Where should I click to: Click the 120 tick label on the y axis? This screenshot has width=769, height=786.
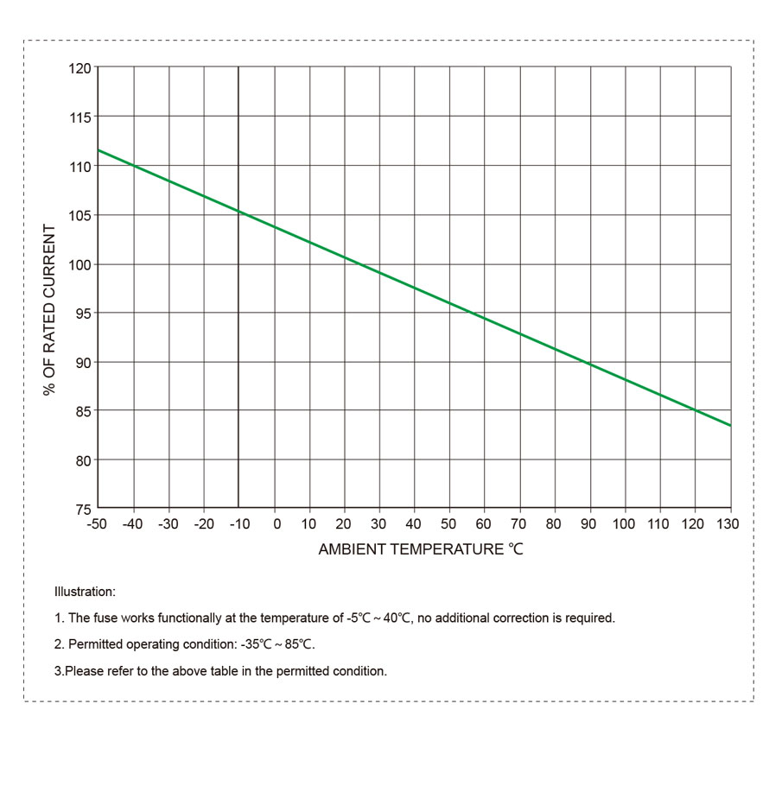point(79,67)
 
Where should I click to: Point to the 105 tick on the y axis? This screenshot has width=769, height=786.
point(79,215)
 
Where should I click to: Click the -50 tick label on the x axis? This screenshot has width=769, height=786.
point(97,524)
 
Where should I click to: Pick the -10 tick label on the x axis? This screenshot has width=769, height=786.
point(238,524)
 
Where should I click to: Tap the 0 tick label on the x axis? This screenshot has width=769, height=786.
point(276,524)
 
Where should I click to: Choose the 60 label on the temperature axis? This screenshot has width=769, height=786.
point(483,524)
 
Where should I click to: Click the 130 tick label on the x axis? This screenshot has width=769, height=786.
point(728,524)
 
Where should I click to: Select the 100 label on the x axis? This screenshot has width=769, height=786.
point(624,524)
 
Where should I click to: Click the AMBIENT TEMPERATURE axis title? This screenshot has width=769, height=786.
point(421,549)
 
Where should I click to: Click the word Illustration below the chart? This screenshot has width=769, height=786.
point(84,593)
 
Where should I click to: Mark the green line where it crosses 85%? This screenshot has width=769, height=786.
point(695,410)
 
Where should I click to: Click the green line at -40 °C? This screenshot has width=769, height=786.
point(134,165)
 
